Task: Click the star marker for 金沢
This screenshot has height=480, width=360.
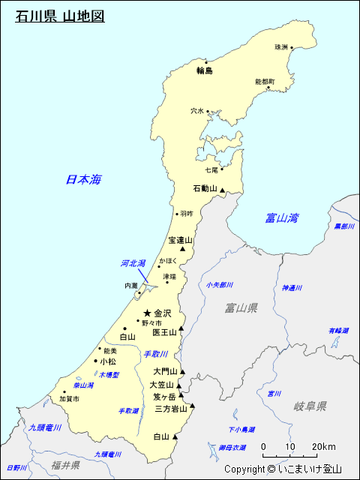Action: point(148,313)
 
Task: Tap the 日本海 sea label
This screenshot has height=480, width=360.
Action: point(82,179)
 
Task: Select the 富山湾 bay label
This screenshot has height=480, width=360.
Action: point(282,218)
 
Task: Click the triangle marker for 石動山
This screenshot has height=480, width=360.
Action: point(222,191)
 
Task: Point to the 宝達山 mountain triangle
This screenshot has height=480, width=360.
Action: point(182,248)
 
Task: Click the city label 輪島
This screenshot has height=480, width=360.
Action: point(205,70)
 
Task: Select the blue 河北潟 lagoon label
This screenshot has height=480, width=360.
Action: point(133,263)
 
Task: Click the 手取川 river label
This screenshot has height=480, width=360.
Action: point(156,354)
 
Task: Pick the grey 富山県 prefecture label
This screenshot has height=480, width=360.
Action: point(241,307)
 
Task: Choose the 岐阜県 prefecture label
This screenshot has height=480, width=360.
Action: point(310,406)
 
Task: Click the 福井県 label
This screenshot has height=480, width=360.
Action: point(66,465)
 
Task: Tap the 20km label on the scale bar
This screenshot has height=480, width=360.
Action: point(324,447)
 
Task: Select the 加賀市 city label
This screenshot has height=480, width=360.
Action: point(69,399)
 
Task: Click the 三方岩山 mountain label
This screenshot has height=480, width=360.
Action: point(171,409)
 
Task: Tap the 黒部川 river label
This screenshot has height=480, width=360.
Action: point(344,226)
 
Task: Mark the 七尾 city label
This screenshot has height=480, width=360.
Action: point(211,170)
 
